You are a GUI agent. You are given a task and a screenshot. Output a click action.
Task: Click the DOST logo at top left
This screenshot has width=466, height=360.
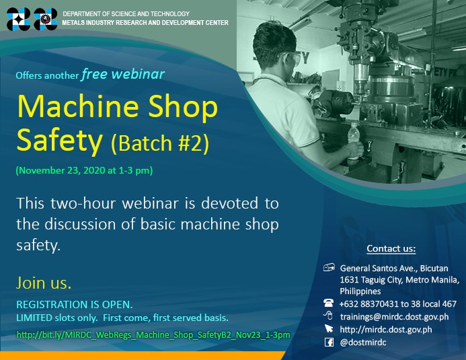pyautogui.click(x=18, y=19)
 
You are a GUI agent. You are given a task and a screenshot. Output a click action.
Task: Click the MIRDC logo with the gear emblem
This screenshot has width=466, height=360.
pyautogui.click(x=46, y=19)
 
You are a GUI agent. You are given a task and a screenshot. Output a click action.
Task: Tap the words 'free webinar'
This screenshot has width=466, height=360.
pyautogui.click(x=123, y=74)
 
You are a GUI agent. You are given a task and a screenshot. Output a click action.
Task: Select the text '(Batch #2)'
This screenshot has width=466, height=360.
pyautogui.click(x=160, y=143)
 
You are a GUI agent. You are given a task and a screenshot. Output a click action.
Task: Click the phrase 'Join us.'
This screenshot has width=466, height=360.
pyautogui.click(x=44, y=283)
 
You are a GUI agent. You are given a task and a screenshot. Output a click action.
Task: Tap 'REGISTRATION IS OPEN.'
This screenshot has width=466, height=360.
pyautogui.click(x=74, y=304)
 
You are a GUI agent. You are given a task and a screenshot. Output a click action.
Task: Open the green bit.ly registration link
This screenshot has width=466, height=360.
pyautogui.click(x=153, y=335)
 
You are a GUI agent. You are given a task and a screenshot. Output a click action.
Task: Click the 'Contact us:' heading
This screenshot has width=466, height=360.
pyautogui.click(x=391, y=248)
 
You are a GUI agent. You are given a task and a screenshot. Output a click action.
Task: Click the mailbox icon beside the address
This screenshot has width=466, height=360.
pyautogui.click(x=329, y=268)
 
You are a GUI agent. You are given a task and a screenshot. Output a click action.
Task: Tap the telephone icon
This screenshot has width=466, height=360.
pyautogui.click(x=328, y=303)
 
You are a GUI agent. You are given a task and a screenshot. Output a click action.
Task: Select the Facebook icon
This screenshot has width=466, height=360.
pyautogui.click(x=329, y=342)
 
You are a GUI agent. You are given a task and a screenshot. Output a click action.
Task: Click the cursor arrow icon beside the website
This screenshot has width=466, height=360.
pyautogui.click(x=329, y=328)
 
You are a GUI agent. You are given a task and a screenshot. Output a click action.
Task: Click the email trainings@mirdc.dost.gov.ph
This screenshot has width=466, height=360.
pyautogui.click(x=394, y=317)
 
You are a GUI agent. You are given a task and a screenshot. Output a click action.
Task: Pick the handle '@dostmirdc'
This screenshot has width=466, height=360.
pyautogui.click(x=363, y=343)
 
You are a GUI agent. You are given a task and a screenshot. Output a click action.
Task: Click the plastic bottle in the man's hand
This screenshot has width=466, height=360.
pyautogui.click(x=354, y=141)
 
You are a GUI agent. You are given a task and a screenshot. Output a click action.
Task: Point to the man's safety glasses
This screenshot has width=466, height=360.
pyautogui.click(x=293, y=58)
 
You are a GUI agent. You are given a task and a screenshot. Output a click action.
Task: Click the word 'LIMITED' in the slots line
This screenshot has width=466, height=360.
pyautogui.click(x=34, y=318)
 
